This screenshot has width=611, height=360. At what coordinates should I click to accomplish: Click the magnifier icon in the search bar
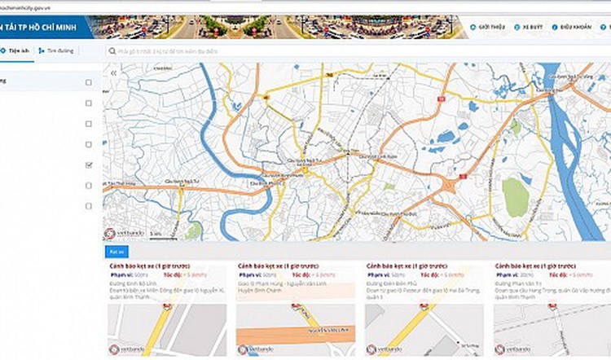(x=112, y=50)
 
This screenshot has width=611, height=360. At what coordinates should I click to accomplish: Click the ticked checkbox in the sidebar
(x=88, y=165)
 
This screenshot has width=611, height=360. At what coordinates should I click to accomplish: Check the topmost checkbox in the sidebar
(x=88, y=82)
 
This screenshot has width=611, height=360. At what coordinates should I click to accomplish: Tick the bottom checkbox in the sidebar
(x=88, y=206)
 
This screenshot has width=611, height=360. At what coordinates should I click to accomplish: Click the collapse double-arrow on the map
(x=113, y=73)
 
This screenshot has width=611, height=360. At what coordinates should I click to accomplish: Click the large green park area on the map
(x=515, y=196)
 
